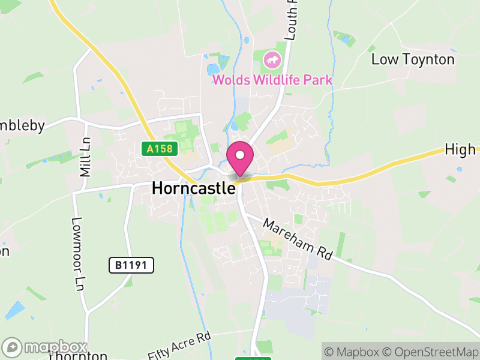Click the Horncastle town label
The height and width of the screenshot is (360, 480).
[x=193, y=188]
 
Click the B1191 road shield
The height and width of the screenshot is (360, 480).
[x=131, y=265]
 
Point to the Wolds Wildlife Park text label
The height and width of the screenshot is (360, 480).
[x=272, y=80]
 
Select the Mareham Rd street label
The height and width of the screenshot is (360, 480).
[x=298, y=239]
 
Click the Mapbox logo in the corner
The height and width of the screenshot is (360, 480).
[x=45, y=347]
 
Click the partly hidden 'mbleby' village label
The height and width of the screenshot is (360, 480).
[x=23, y=125]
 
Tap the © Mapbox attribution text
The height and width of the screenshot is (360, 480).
[x=353, y=351]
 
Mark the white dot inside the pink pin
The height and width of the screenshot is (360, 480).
[x=240, y=155]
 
